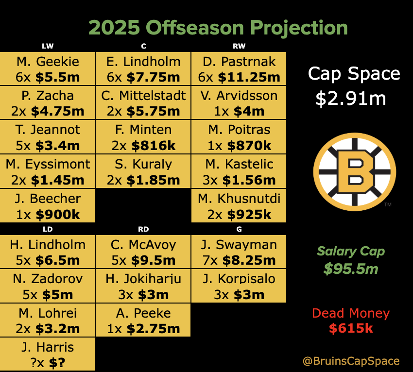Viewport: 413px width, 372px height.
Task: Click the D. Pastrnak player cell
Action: [x=239, y=68]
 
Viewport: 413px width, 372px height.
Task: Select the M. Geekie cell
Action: [x=48, y=68]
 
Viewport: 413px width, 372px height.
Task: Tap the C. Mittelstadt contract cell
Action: [x=143, y=103]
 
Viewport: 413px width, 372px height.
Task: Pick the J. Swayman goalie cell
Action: [x=239, y=252]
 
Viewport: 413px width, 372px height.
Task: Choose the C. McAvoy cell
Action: [x=143, y=252]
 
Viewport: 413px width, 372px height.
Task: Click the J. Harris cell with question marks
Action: [x=48, y=354]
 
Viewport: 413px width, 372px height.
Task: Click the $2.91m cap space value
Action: [x=350, y=99]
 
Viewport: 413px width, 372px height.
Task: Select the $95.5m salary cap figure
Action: [x=351, y=269]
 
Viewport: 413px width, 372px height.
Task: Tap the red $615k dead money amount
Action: [x=351, y=329]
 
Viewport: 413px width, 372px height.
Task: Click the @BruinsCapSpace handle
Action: [x=351, y=361]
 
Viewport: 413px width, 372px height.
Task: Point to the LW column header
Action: [x=48, y=47]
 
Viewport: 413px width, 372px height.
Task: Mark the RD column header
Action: [x=143, y=229]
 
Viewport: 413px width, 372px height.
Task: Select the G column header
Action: [x=239, y=229]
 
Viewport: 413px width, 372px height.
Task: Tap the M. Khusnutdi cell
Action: [x=239, y=206]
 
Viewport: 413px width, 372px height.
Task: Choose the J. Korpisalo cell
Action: [x=239, y=286]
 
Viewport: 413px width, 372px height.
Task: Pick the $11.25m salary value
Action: [x=249, y=77]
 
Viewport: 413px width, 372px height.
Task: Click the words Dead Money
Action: [x=351, y=314]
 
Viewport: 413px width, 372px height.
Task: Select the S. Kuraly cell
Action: [x=143, y=171]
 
